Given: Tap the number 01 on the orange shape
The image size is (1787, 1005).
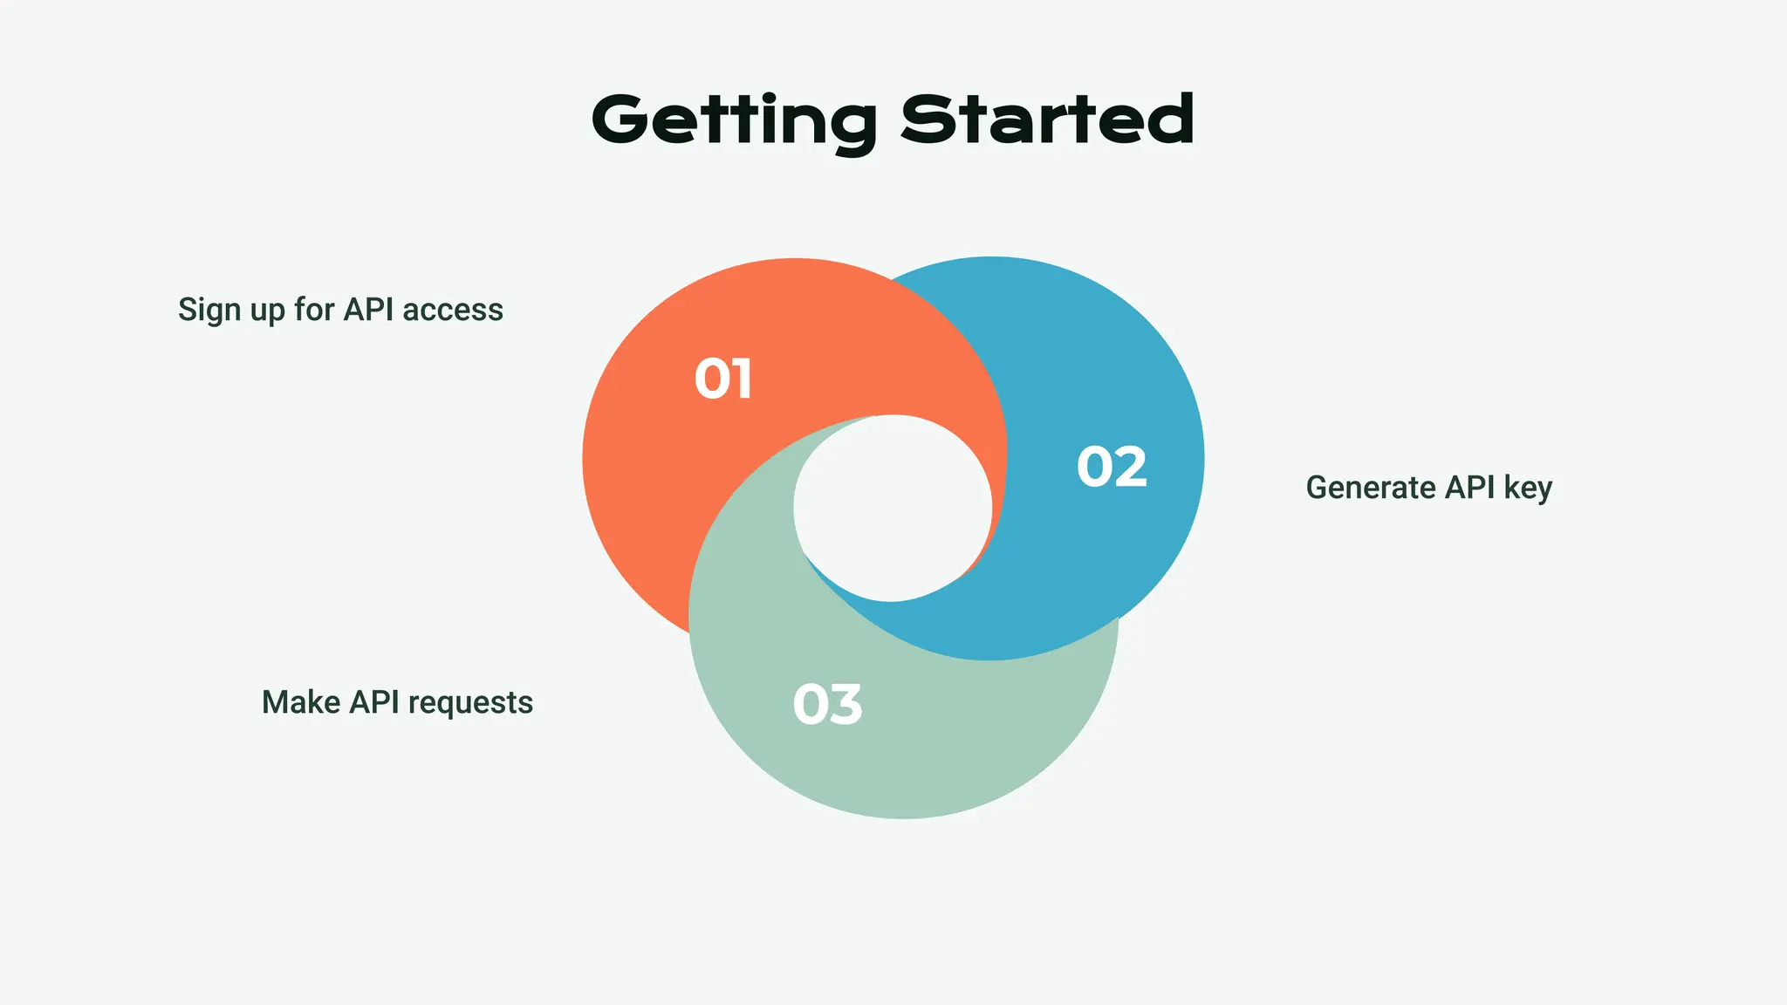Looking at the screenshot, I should click(723, 379).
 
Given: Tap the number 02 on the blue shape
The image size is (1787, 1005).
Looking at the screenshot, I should click(1112, 467).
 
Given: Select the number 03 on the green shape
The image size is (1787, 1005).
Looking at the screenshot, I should click(827, 705).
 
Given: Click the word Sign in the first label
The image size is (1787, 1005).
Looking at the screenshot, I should click(209, 311).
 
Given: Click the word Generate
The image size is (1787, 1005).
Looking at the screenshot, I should click(1371, 488).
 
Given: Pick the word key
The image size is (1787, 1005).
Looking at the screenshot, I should click(1528, 489).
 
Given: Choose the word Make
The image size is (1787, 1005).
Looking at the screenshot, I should click(301, 702).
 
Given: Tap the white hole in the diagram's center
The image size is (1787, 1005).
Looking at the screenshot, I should click(893, 508).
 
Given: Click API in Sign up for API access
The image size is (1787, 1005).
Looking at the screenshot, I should click(369, 310).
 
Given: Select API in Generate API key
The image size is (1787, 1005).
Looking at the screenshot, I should click(1470, 488).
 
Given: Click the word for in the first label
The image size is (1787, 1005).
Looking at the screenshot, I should click(314, 310).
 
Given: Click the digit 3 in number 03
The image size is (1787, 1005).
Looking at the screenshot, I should click(845, 705).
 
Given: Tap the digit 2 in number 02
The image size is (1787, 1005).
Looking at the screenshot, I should click(1130, 467).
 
